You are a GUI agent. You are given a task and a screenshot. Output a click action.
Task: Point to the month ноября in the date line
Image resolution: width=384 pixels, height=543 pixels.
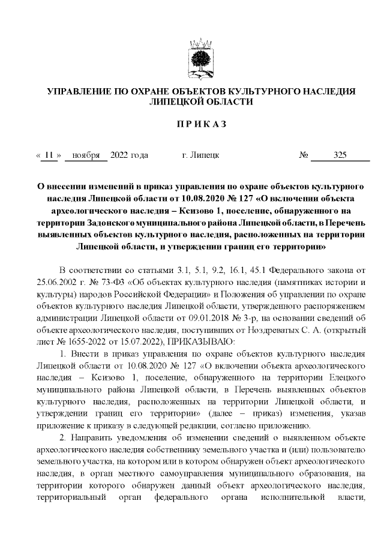(86, 155)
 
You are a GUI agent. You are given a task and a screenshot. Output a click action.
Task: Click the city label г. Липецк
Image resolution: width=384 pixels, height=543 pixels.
(200, 155)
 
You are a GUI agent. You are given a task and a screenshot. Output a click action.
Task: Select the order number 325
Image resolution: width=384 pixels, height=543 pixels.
(340, 155)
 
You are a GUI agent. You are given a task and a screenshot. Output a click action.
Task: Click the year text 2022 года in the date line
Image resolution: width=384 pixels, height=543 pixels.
(129, 155)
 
